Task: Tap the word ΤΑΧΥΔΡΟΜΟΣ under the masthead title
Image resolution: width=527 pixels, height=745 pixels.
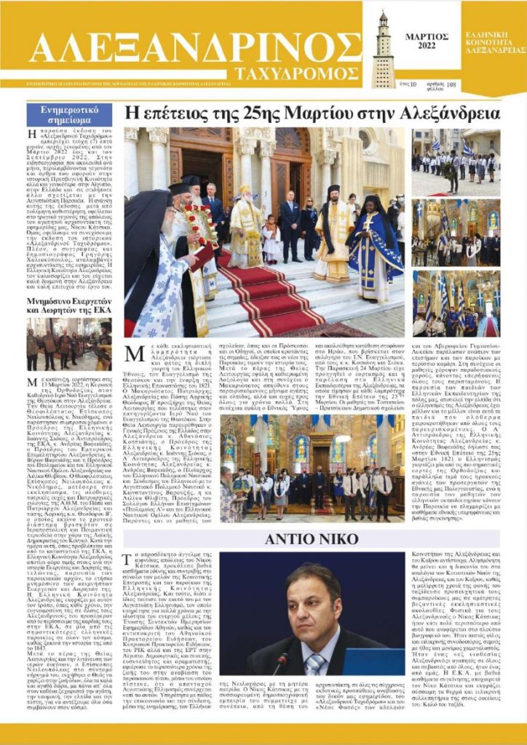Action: [298, 73]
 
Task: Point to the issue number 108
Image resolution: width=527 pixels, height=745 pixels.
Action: [451, 84]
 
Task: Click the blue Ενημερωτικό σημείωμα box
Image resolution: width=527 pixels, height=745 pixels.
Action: [69, 114]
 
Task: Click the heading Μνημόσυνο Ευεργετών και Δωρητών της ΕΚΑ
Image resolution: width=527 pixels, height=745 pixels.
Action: [69, 303]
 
